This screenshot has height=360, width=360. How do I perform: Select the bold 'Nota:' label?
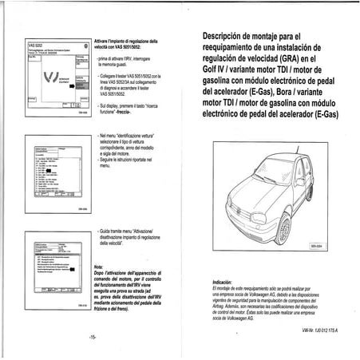click(x=98, y=267)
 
